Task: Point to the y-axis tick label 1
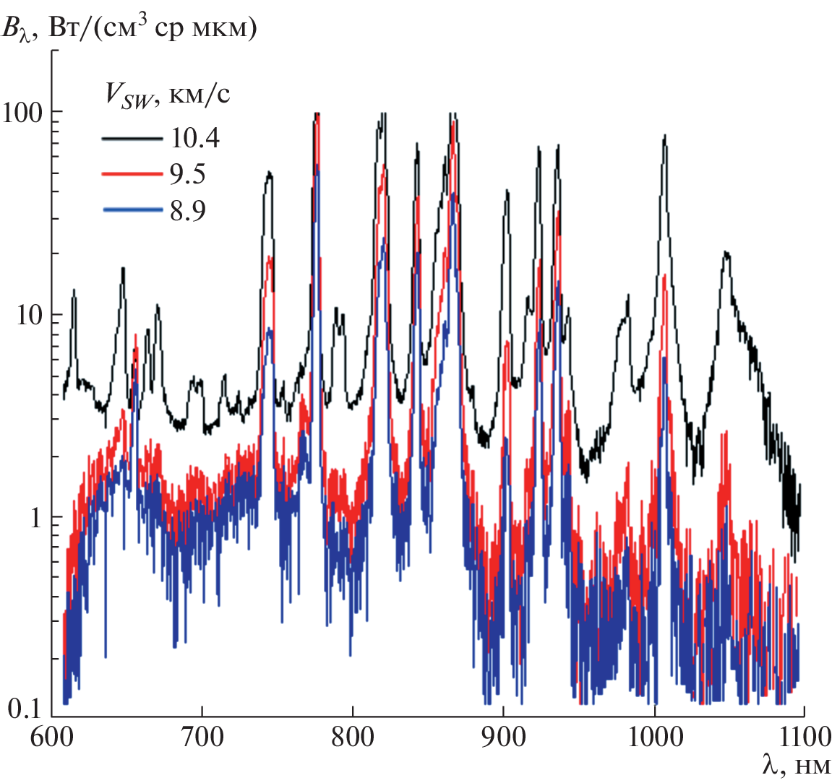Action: (x=35, y=518)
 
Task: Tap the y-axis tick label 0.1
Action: (x=25, y=709)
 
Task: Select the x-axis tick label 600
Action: (x=51, y=737)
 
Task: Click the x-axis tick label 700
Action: (x=202, y=737)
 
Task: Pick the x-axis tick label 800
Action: (x=352, y=737)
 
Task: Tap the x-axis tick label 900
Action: (x=503, y=737)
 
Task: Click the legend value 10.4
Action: (x=195, y=137)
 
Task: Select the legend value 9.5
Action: (x=188, y=174)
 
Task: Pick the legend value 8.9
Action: (x=188, y=211)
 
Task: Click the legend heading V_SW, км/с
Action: (x=164, y=96)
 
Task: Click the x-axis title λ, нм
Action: (x=796, y=766)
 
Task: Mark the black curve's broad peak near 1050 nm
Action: (x=726, y=254)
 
